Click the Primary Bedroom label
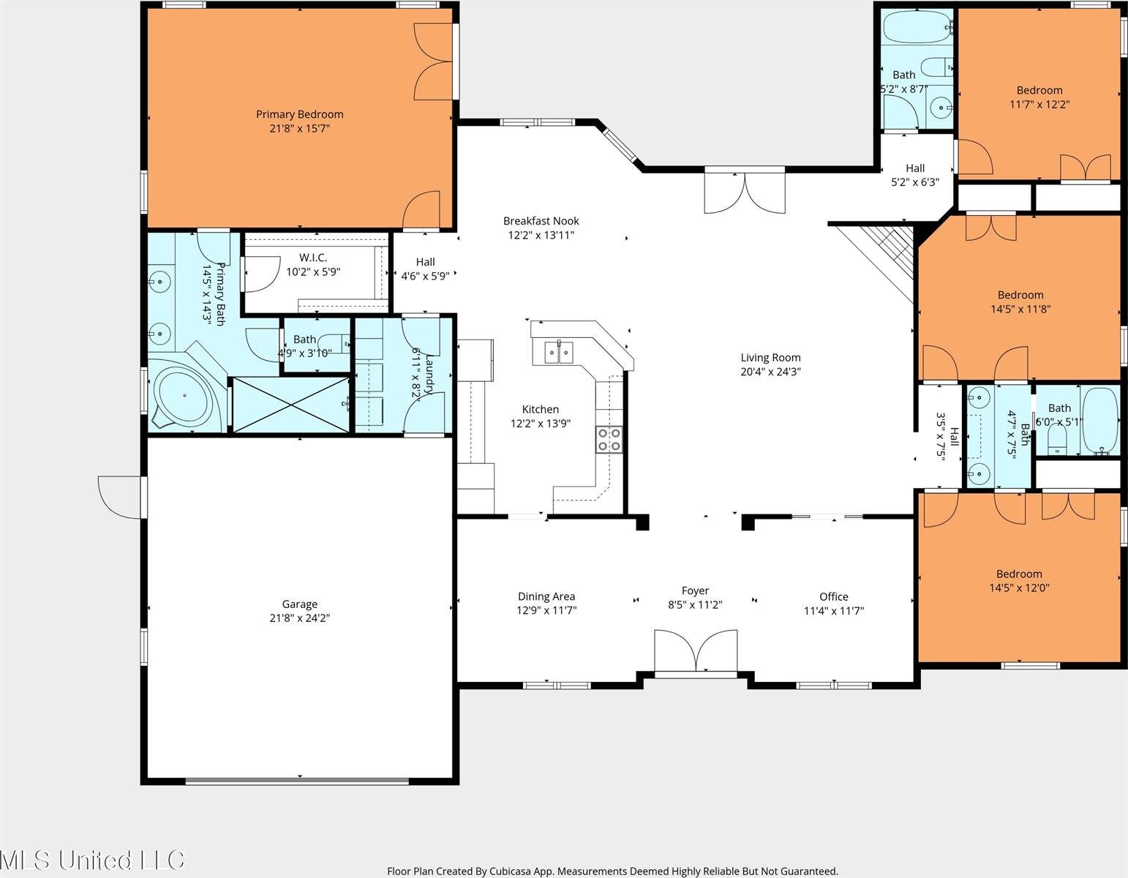tap(299, 114)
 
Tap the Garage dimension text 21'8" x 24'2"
tap(299, 618)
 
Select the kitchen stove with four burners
tap(609, 439)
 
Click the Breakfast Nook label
tap(541, 221)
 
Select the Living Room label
tap(770, 358)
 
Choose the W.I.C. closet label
tap(312, 258)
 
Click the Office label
tap(833, 596)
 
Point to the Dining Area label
tap(546, 596)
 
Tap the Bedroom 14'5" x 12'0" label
tap(1019, 574)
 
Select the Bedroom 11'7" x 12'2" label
tap(1039, 90)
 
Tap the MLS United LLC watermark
tap(93, 860)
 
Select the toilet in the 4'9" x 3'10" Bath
tap(338, 341)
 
